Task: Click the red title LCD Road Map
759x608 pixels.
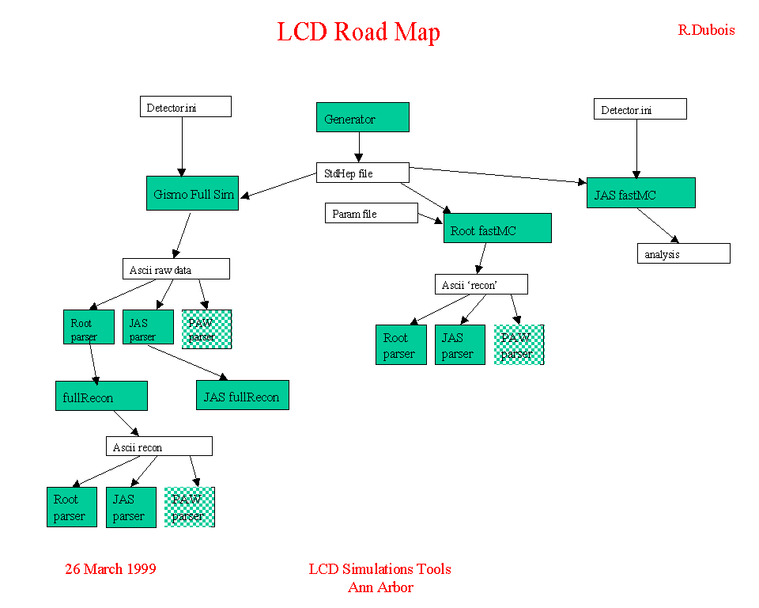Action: click(358, 32)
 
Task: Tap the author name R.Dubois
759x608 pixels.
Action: click(706, 30)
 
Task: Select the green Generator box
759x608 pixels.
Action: click(362, 117)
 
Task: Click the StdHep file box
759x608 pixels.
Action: click(363, 173)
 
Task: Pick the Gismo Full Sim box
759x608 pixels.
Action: click(192, 193)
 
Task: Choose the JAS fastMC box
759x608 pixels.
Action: click(640, 193)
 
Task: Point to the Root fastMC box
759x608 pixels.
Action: click(497, 228)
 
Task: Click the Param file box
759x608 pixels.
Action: click(371, 213)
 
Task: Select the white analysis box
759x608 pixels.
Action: click(683, 253)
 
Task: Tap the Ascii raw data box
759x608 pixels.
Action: click(176, 269)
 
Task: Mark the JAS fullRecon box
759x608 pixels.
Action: click(242, 395)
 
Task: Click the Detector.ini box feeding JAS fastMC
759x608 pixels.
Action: click(640, 109)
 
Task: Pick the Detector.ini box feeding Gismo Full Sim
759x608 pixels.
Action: click(185, 106)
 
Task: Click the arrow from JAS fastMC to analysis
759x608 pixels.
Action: click(658, 225)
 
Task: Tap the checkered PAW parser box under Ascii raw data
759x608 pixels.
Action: click(206, 329)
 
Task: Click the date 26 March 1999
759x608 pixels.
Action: click(111, 568)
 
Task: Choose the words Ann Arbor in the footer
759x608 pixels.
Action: click(380, 587)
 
